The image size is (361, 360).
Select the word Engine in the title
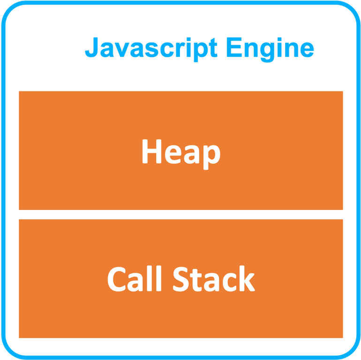pos(270,48)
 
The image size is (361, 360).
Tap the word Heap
pos(180,152)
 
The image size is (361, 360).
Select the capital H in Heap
pos(151,152)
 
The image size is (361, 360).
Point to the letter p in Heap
pos(211,156)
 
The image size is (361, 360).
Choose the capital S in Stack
pos(181,279)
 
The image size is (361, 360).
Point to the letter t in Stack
pos(197,280)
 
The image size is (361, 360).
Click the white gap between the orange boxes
pos(180,215)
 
